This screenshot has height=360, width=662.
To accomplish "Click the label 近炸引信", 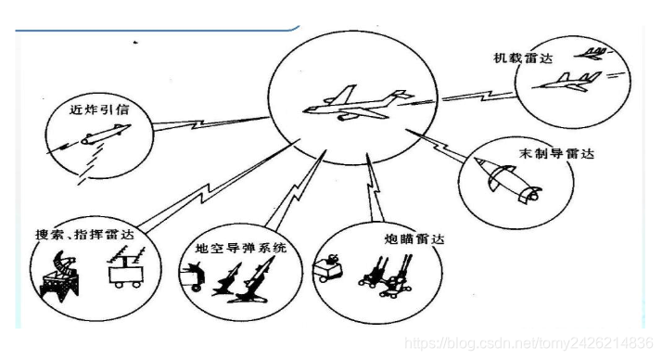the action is point(99,109).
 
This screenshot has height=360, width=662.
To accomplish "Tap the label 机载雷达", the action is point(523,58).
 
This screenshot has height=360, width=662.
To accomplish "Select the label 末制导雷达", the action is point(556,153).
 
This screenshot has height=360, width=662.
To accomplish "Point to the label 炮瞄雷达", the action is point(414,239).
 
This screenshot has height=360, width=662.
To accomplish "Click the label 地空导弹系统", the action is point(241,248).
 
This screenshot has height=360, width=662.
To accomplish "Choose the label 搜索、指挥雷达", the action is point(84,235).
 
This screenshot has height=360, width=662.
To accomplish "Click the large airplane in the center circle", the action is point(358,104).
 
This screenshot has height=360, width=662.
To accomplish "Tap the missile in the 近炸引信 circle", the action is point(106,135).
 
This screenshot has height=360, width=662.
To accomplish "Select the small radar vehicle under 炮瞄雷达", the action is point(327,267).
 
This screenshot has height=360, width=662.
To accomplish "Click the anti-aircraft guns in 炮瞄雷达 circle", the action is point(386,276).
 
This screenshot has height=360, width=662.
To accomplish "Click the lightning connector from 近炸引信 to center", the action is point(210,123).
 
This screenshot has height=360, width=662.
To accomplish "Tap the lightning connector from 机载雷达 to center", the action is point(477,96).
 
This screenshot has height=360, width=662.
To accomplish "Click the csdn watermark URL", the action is point(528,342).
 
